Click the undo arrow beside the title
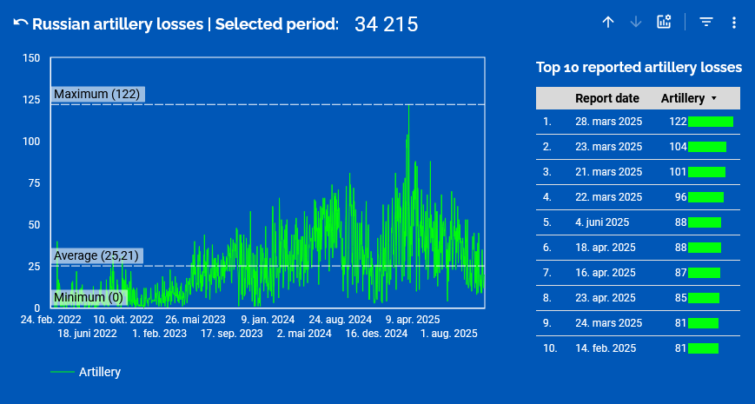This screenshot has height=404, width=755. pyautogui.click(x=20, y=23)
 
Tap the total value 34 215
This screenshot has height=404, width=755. pyautogui.click(x=386, y=24)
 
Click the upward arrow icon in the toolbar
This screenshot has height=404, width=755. pyautogui.click(x=608, y=23)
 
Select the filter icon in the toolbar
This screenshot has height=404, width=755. pyautogui.click(x=706, y=23)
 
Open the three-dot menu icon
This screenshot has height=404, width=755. pyautogui.click(x=734, y=23)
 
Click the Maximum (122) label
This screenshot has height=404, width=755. pyautogui.click(x=96, y=94)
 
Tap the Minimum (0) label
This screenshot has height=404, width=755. pyautogui.click(x=89, y=298)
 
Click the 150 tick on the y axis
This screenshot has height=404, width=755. pyautogui.click(x=31, y=58)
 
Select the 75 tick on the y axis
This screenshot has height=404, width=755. pyautogui.click(x=34, y=182)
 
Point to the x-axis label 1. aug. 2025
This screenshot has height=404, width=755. pyautogui.click(x=449, y=333)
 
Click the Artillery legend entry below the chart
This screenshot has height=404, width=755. pyautogui.click(x=99, y=372)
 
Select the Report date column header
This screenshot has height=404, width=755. pyautogui.click(x=606, y=98)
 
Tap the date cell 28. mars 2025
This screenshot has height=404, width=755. pyautogui.click(x=608, y=122)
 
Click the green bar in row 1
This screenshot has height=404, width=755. pyautogui.click(x=710, y=122)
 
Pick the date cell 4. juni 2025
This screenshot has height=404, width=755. pyautogui.click(x=602, y=222)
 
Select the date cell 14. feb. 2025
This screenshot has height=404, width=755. pyautogui.click(x=606, y=348)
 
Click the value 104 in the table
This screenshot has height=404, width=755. pyautogui.click(x=678, y=147)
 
